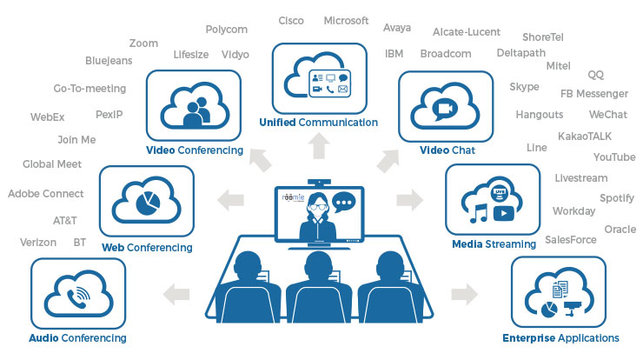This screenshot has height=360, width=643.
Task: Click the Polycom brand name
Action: coord(227,30)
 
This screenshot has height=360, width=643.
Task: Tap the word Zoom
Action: coord(143,43)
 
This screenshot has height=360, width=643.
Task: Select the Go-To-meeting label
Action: coord(89,88)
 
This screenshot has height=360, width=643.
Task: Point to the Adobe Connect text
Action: coord(45,193)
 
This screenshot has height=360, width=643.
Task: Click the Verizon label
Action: coord(38,243)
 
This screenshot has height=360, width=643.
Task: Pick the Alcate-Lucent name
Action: coord(467,32)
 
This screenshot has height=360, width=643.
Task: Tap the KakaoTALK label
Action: coord(585,137)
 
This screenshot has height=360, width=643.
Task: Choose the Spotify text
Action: coord(617,198)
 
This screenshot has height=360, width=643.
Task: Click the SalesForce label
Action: coord(571,240)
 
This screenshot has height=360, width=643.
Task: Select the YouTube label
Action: coord(614,157)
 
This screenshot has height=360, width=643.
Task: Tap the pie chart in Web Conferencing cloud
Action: coord(148,203)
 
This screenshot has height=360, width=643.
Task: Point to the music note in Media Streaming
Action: coord(479,213)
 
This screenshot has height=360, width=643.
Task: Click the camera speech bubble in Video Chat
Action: coord(445,108)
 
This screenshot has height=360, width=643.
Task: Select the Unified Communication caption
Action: coord(319,123)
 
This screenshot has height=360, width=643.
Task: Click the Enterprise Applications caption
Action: coord(560,338)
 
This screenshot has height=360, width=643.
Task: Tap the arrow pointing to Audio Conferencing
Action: coord(176,294)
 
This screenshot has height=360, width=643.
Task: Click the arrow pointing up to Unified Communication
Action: coord(319,146)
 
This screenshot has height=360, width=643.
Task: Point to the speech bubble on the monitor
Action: coord(343,202)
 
